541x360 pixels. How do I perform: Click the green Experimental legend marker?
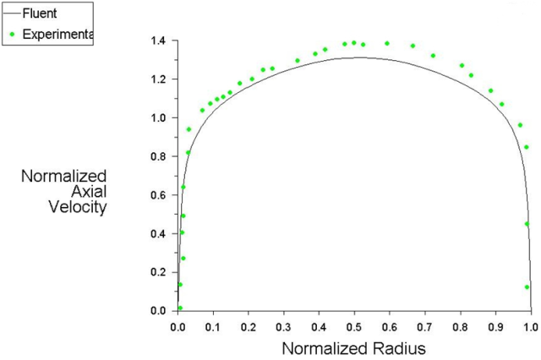click(12, 35)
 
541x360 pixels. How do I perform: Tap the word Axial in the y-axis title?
click(88, 193)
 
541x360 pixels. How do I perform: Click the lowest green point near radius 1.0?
click(527, 286)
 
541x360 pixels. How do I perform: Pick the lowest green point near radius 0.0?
click(179, 308)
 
